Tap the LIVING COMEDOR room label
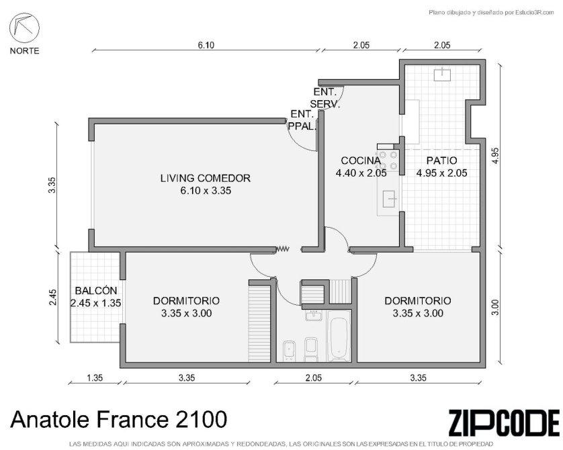(206, 178)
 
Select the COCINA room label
(361, 161)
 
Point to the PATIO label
(441, 161)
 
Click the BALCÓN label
(96, 290)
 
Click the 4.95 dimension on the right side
(496, 155)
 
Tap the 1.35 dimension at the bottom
(95, 377)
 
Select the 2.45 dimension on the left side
(53, 297)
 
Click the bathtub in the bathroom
(339, 336)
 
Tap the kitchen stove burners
(388, 160)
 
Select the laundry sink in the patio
(442, 74)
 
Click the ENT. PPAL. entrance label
(302, 120)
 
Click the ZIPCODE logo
(504, 423)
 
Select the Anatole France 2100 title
(119, 419)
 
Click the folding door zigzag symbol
(283, 249)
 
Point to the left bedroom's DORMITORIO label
(186, 301)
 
